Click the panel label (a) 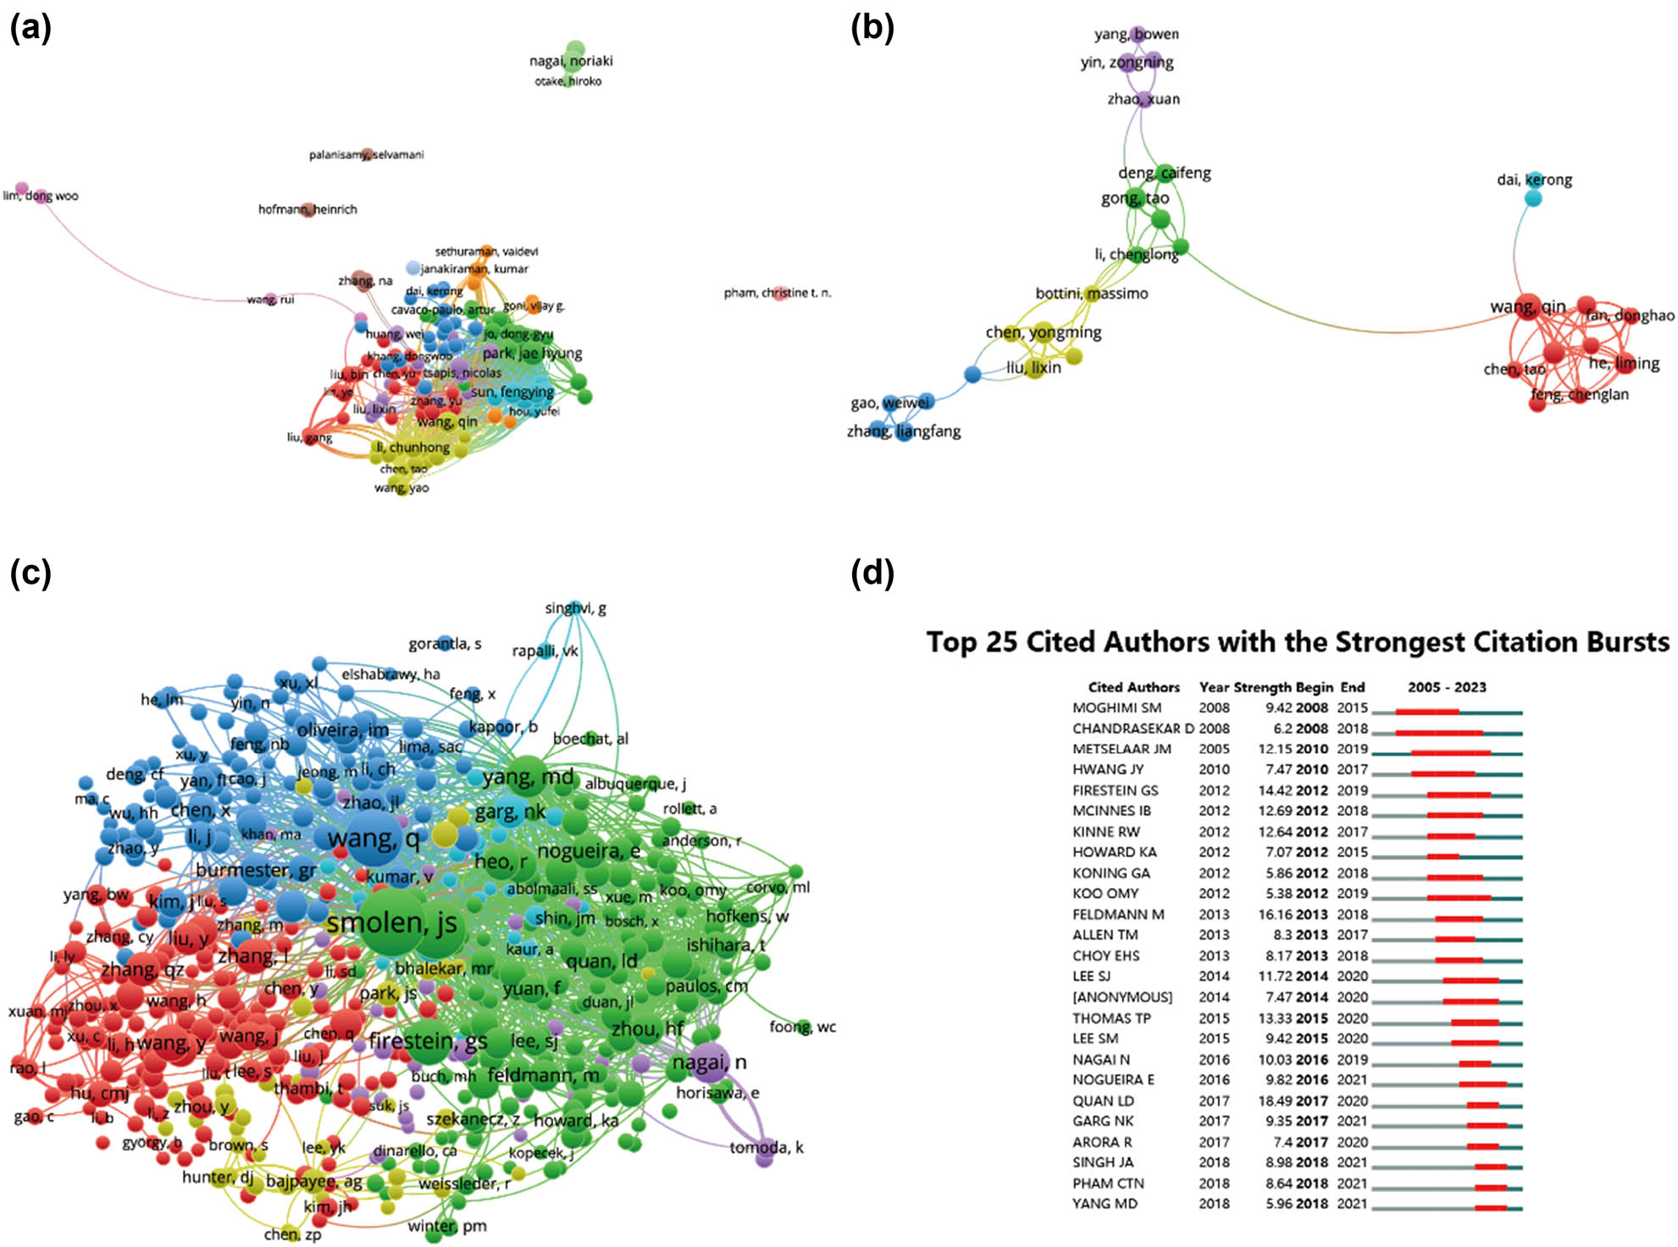(30, 28)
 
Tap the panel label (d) (872, 574)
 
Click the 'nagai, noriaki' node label (571, 61)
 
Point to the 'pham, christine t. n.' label (777, 293)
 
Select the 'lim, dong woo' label (41, 196)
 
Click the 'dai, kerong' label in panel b (1534, 180)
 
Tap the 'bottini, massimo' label (1092, 293)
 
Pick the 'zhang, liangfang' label (904, 431)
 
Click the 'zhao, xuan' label (1144, 99)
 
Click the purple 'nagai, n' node (710, 1061)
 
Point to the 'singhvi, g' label (575, 608)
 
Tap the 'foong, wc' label (802, 1027)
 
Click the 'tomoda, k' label (767, 1147)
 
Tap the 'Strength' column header (1259, 687)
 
